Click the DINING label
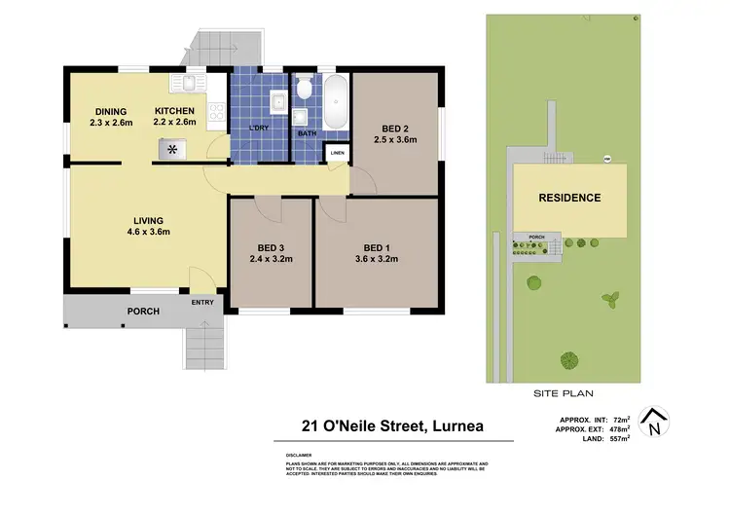click(111, 111)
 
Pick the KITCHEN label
click(175, 111)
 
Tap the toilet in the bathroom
click(304, 92)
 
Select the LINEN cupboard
click(337, 154)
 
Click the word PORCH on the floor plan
click(142, 312)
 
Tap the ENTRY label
click(202, 303)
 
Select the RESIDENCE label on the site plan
click(569, 198)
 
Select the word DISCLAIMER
click(299, 455)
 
